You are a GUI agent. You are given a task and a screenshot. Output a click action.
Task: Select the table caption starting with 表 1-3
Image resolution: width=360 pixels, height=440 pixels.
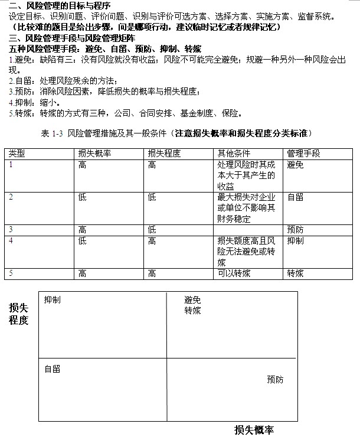point(176,133)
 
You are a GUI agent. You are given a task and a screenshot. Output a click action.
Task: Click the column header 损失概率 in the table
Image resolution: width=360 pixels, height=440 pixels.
point(94,153)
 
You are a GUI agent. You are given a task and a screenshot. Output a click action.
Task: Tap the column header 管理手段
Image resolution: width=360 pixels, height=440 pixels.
point(303,153)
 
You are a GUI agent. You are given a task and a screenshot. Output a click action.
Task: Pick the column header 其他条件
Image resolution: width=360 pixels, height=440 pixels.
point(234,153)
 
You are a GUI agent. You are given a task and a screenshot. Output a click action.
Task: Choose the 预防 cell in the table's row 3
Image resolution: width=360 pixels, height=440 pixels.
point(295,230)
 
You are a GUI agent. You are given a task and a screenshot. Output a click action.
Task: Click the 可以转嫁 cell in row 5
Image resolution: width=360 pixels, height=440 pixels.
point(231,273)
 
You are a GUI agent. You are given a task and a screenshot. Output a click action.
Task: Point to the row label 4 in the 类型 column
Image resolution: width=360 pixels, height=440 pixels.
point(11,240)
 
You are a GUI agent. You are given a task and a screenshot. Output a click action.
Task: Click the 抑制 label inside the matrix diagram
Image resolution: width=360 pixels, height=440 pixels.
point(53,300)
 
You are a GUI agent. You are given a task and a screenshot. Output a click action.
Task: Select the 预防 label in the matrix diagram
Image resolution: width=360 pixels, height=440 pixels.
point(274,379)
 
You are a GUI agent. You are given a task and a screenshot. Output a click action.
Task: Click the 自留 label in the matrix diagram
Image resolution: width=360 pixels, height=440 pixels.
point(53,369)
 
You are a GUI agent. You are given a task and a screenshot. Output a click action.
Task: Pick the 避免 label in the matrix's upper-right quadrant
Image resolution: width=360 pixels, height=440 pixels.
point(192,300)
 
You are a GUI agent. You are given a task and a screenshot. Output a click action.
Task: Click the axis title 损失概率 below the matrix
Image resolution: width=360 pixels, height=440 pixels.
point(254,430)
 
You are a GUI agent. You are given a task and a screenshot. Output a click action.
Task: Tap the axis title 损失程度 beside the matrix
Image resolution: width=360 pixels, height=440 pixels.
point(19,314)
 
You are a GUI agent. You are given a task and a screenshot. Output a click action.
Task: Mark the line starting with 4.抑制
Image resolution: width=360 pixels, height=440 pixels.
point(35,102)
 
